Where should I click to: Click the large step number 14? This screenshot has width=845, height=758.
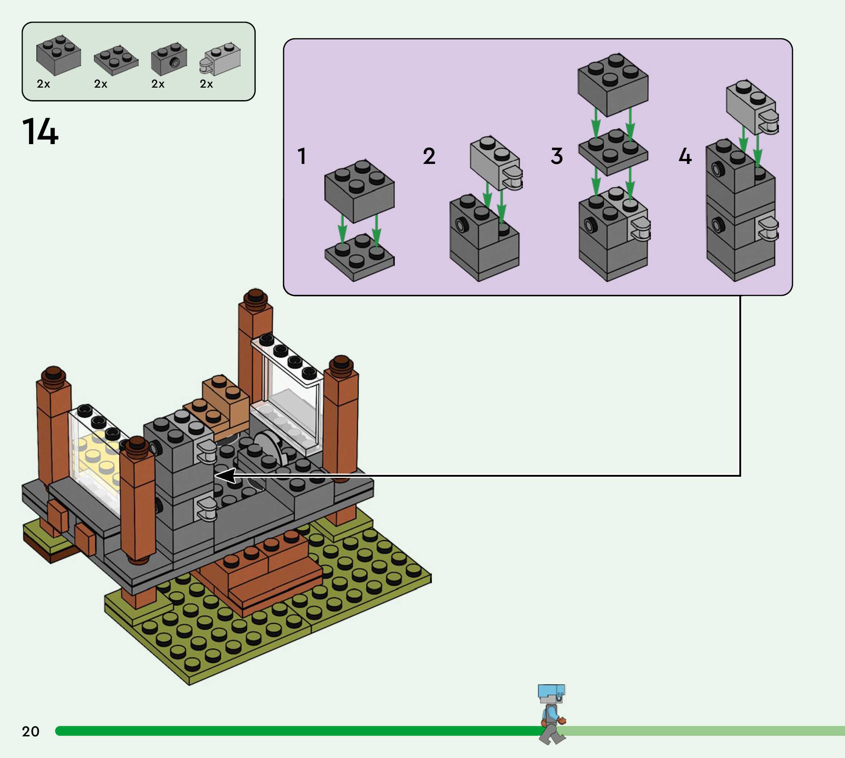(40, 131)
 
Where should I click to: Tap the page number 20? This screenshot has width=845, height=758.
(30, 731)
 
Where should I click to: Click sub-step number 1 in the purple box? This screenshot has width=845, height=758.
(302, 156)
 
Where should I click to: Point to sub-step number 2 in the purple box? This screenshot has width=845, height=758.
(429, 156)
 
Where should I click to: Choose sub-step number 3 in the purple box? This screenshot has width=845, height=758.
(557, 156)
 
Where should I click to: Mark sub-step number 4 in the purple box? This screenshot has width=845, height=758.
(685, 156)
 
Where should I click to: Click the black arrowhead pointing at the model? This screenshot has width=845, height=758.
(225, 475)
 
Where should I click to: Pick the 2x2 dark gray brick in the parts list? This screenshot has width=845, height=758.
(58, 55)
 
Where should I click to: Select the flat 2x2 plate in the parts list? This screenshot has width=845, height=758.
(116, 59)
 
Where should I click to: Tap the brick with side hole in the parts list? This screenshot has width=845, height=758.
(169, 59)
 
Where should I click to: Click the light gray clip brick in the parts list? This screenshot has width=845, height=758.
(221, 59)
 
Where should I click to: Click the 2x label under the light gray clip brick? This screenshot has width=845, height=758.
(206, 84)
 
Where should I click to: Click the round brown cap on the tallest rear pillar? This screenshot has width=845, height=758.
(255, 298)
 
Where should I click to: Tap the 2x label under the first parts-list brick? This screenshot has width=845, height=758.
(43, 84)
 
